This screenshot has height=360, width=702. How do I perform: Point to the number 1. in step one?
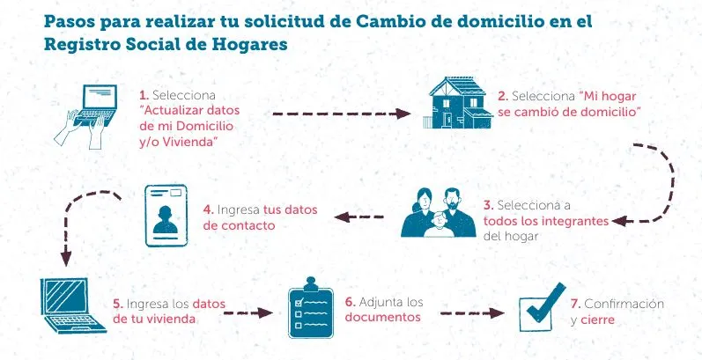tap(144, 94)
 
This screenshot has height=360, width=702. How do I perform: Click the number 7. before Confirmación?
tap(575, 304)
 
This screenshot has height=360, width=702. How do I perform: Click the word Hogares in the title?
tap(248, 45)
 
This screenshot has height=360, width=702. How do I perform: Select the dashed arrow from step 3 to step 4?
tap(363, 217)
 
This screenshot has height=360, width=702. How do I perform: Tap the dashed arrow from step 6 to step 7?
tap(472, 312)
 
